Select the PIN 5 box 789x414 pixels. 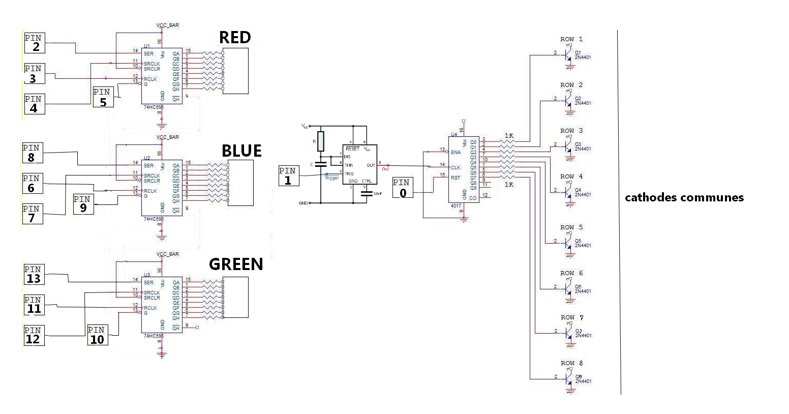(x=103, y=97)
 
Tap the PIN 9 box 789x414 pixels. (x=83, y=204)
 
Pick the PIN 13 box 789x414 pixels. (x=34, y=275)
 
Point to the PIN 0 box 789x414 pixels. (x=403, y=188)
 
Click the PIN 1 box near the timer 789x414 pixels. (x=289, y=176)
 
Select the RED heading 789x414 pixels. (x=235, y=38)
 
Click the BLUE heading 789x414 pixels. (x=241, y=151)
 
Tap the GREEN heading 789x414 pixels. (x=236, y=264)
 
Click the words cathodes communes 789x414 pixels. (x=684, y=198)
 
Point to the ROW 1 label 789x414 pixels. (x=571, y=39)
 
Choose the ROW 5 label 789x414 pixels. (x=571, y=227)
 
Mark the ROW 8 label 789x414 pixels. (x=571, y=363)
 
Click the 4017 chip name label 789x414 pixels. (x=456, y=206)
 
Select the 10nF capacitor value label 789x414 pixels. (x=378, y=193)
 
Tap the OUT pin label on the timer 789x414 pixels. (x=371, y=165)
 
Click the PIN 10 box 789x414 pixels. (x=97, y=335)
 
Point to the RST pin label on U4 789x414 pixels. (x=456, y=178)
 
